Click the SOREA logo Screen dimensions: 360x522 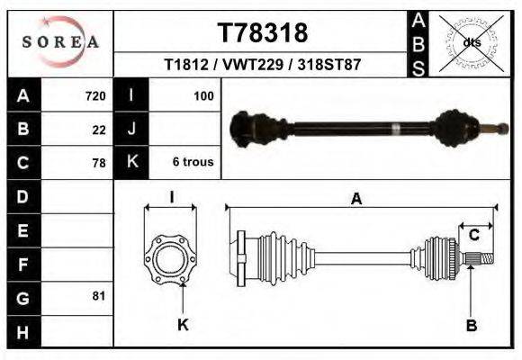[x=60, y=42]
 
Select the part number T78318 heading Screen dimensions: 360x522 [x=262, y=33]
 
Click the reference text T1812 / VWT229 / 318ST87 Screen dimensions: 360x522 [x=262, y=66]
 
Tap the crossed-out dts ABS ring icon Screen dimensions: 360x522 [x=471, y=42]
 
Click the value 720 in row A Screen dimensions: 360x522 [x=94, y=95]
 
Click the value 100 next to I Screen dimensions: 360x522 [x=202, y=95]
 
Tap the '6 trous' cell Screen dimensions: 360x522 [x=193, y=162]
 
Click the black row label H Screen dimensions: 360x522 [x=22, y=331]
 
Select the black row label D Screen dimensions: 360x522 [x=22, y=196]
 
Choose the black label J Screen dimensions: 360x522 [x=131, y=129]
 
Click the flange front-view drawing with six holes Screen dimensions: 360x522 [x=171, y=259]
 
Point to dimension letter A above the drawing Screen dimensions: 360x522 [x=356, y=199]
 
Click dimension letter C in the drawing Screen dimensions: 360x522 [x=473, y=236]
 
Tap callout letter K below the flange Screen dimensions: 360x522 [x=183, y=325]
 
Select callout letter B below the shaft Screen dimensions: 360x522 [x=471, y=325]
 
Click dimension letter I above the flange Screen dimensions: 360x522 [x=171, y=196]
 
